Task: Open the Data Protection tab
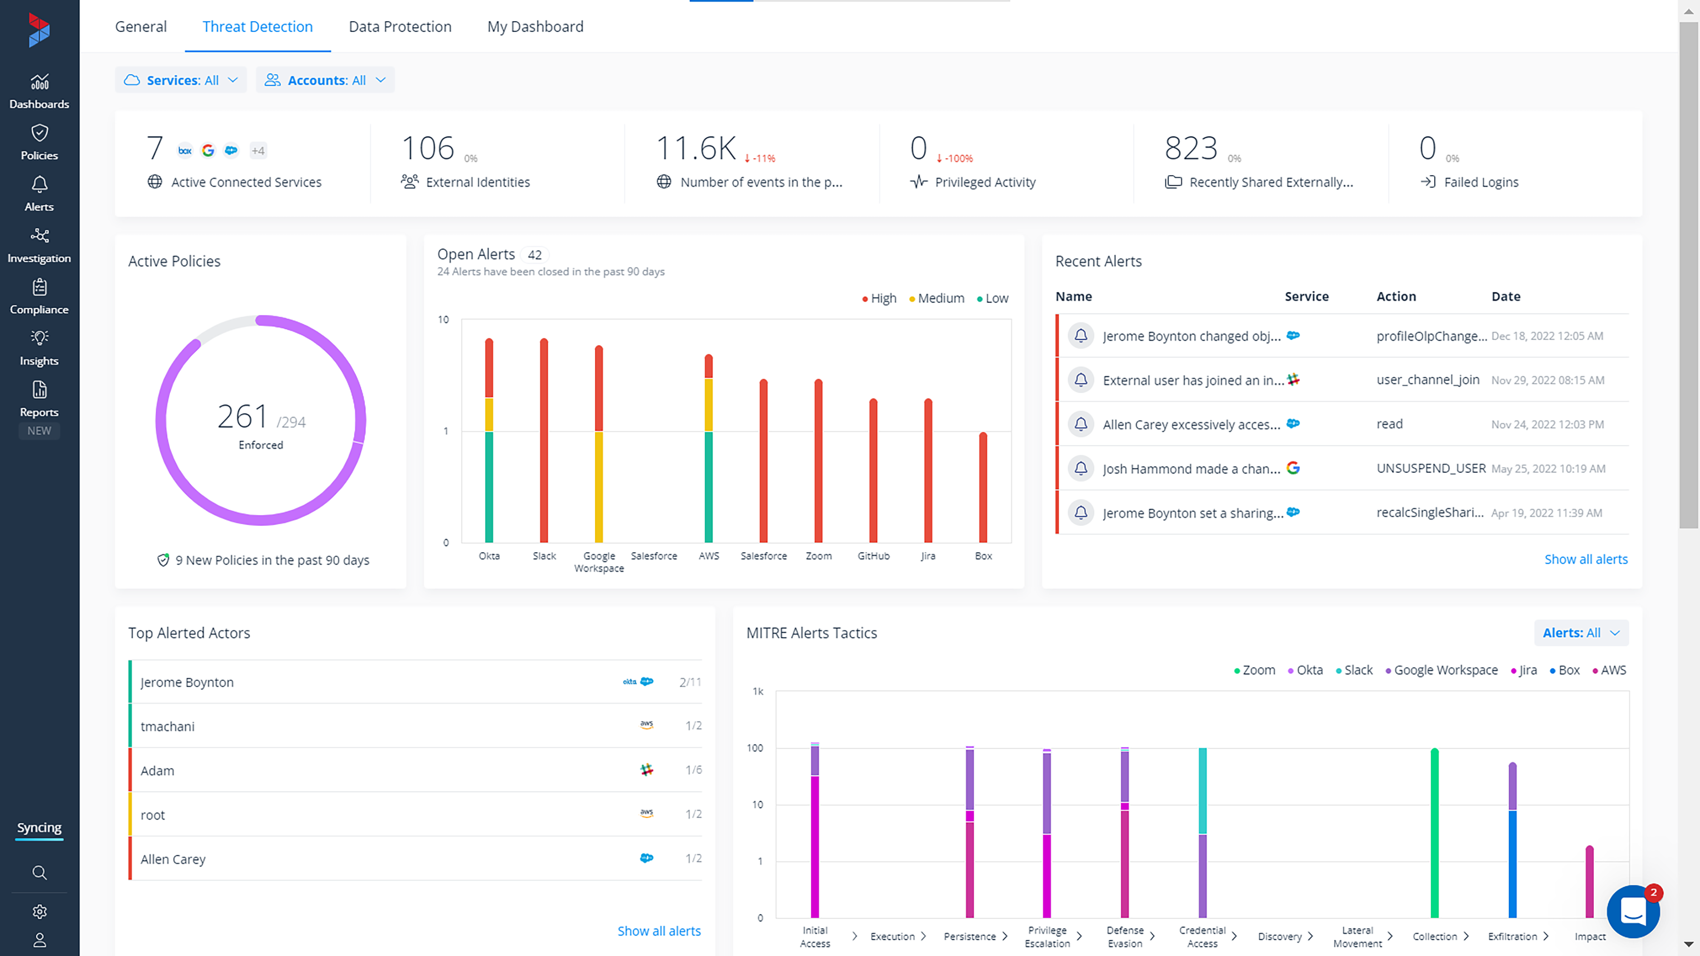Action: pos(400,26)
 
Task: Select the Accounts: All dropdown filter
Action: pos(326,80)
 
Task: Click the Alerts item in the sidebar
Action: pos(39,193)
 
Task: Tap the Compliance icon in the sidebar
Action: pos(39,288)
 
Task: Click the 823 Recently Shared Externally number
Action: pos(1190,148)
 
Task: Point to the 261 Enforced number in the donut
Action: pos(243,416)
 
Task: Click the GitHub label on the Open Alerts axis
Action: pos(873,555)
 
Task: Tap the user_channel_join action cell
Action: pos(1428,379)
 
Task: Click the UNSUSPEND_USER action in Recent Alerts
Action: pos(1431,468)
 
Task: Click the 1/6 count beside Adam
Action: pos(693,769)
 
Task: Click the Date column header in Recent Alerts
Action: pos(1505,296)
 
